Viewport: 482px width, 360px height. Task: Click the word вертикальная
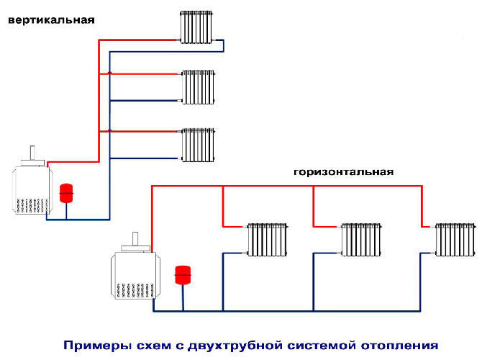(x=51, y=19)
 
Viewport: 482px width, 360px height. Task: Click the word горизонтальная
(x=344, y=172)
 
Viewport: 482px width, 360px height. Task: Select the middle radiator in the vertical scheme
(x=198, y=86)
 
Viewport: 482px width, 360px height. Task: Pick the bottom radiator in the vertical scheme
(x=198, y=145)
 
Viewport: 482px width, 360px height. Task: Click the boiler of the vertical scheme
(x=31, y=189)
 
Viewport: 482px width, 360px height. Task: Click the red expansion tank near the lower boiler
(x=183, y=275)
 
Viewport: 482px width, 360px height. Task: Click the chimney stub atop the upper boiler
(x=32, y=153)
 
